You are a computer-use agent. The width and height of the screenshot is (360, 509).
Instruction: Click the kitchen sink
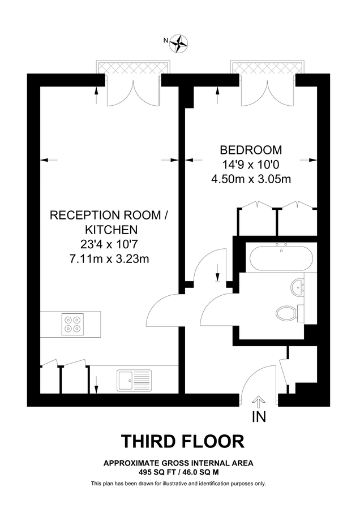tap(134, 379)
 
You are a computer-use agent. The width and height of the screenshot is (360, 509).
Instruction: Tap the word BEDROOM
tap(251, 150)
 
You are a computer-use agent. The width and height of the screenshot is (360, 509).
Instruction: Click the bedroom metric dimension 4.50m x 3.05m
tap(251, 180)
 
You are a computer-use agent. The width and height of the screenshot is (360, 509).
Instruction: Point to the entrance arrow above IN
tap(258, 403)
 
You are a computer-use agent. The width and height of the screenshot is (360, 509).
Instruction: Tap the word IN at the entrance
tap(258, 418)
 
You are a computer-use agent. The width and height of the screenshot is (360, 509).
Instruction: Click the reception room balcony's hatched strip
tap(134, 67)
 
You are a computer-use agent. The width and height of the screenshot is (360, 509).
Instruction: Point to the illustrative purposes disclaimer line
tap(178, 484)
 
